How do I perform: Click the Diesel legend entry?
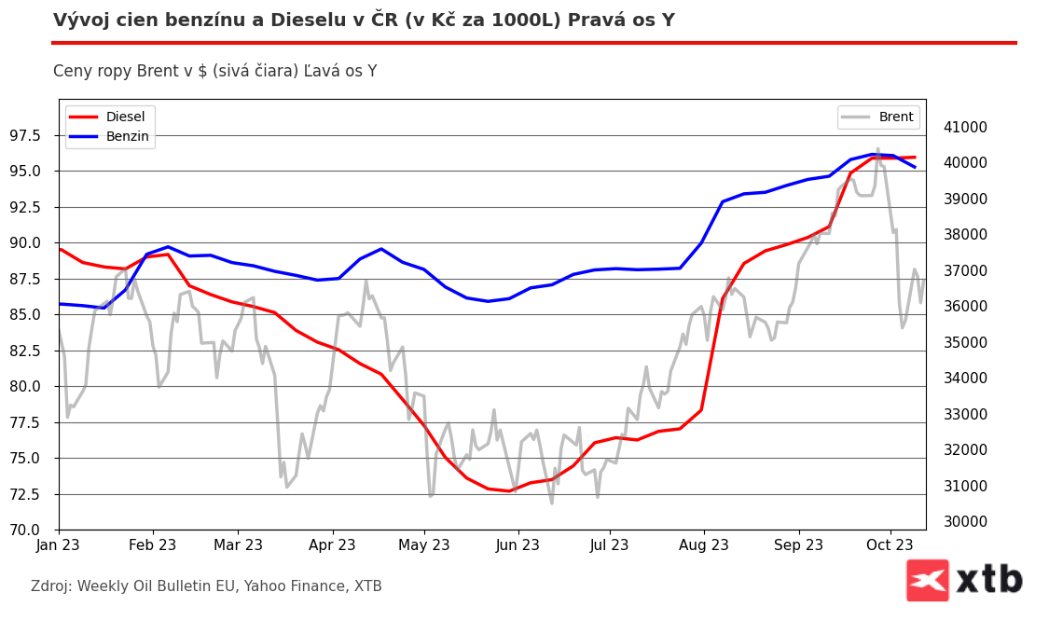pos(125,117)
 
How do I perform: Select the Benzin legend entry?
pos(127,136)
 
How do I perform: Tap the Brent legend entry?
pos(895,117)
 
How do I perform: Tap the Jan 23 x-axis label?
pos(59,544)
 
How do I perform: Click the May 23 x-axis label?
pos(424,544)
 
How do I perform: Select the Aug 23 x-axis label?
pos(704,544)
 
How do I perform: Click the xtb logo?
pos(964,580)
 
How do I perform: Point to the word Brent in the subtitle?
pos(158,72)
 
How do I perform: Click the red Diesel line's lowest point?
pos(509,490)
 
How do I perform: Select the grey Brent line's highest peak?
pos(877,149)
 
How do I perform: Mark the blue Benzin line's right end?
pos(915,167)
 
